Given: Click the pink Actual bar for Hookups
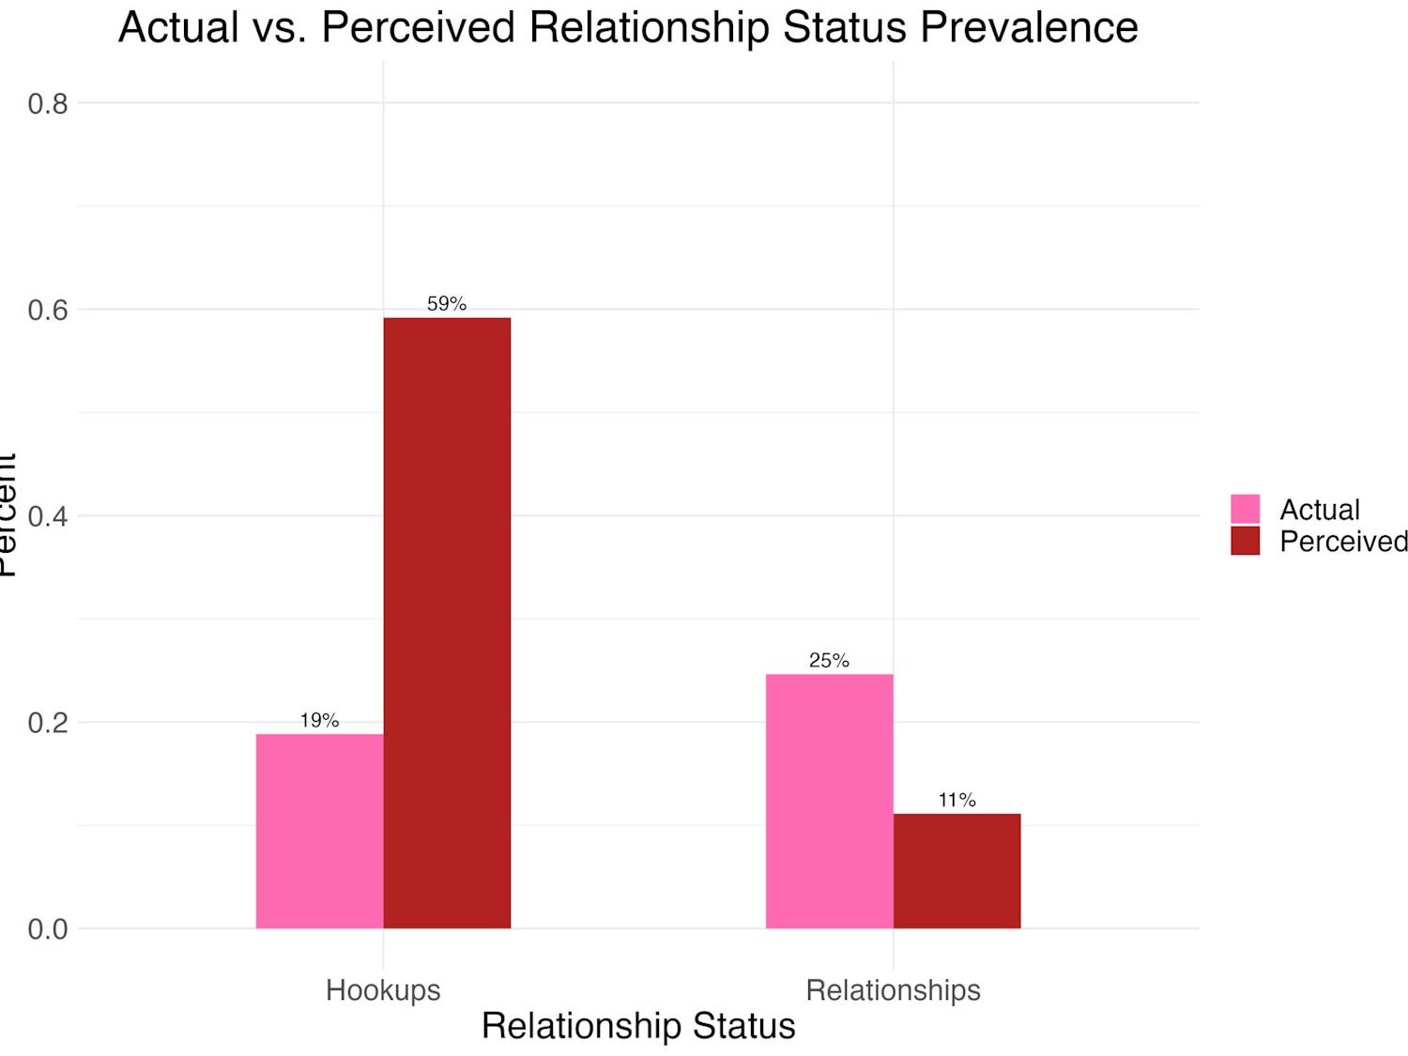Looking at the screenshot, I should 319,831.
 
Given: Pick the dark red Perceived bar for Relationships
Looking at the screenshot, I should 957,871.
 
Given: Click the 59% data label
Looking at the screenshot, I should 447,304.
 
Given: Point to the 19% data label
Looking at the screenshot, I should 319,721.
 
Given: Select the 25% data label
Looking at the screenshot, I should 829,661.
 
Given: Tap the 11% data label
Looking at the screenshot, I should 957,800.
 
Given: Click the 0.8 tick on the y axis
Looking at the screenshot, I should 48,104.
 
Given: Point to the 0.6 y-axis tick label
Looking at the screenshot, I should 48,311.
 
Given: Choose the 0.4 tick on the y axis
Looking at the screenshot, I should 48,516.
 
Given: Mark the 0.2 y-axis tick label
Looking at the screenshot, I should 48,723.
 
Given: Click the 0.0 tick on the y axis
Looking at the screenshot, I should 48,929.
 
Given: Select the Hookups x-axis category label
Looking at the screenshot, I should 383,990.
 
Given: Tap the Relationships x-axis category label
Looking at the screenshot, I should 893,990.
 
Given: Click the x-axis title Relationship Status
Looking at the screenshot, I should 638,1026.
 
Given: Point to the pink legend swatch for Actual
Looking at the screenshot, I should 1245,509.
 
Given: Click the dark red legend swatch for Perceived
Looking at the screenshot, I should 1245,541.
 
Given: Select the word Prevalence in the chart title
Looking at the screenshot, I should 1029,27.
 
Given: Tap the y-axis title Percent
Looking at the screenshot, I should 8,514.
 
